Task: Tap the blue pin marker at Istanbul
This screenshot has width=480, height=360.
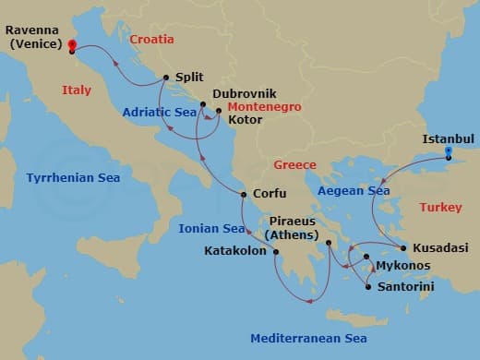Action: tap(448, 152)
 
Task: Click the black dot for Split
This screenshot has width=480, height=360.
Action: tap(165, 78)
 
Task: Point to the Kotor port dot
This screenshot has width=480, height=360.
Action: tap(219, 112)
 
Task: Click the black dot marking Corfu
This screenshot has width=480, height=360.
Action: tap(243, 195)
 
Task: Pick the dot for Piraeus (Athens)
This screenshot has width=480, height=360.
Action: tap(328, 244)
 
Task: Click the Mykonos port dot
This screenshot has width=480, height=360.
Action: tap(366, 258)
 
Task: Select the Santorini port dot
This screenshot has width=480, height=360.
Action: tap(368, 287)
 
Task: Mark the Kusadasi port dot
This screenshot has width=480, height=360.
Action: tap(403, 248)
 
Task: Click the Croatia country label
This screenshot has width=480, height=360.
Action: tap(152, 40)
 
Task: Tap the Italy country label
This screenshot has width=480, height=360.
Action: tap(77, 90)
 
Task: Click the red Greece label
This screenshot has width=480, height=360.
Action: tap(294, 165)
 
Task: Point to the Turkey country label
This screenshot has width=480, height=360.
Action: tap(440, 208)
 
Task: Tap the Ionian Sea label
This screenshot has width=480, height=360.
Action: tap(212, 229)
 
